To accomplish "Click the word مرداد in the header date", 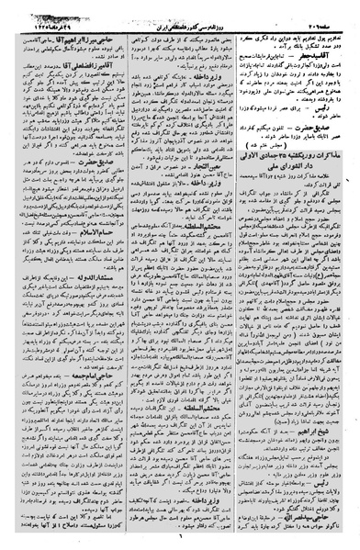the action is tap(49, 10).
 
